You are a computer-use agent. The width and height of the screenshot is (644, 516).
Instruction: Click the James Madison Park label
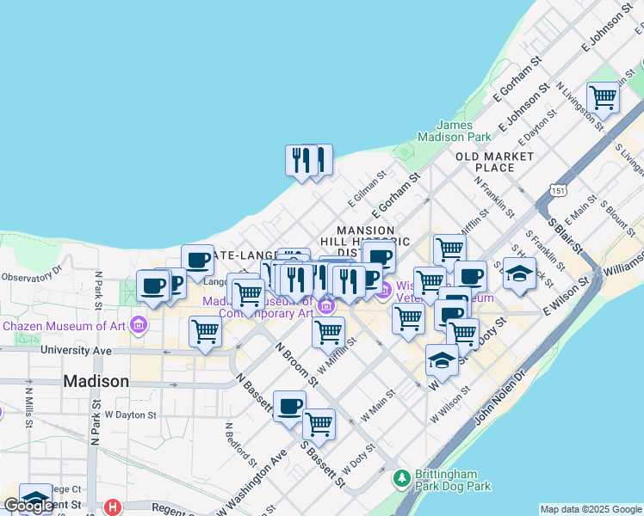454,130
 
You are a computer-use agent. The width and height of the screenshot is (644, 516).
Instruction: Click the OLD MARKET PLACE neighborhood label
495,162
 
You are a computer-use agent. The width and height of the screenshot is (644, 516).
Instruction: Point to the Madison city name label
96,381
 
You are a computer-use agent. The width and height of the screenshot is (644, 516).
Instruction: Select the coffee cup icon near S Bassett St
289,406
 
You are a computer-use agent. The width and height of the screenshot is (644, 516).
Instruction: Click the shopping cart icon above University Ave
205,331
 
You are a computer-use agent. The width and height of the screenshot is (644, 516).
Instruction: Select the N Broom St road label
290,360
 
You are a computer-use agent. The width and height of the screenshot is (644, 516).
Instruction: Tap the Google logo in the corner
29,506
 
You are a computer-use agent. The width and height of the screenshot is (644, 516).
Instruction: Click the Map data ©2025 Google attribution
591,509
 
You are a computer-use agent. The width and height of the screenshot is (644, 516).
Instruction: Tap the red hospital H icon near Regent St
111,507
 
